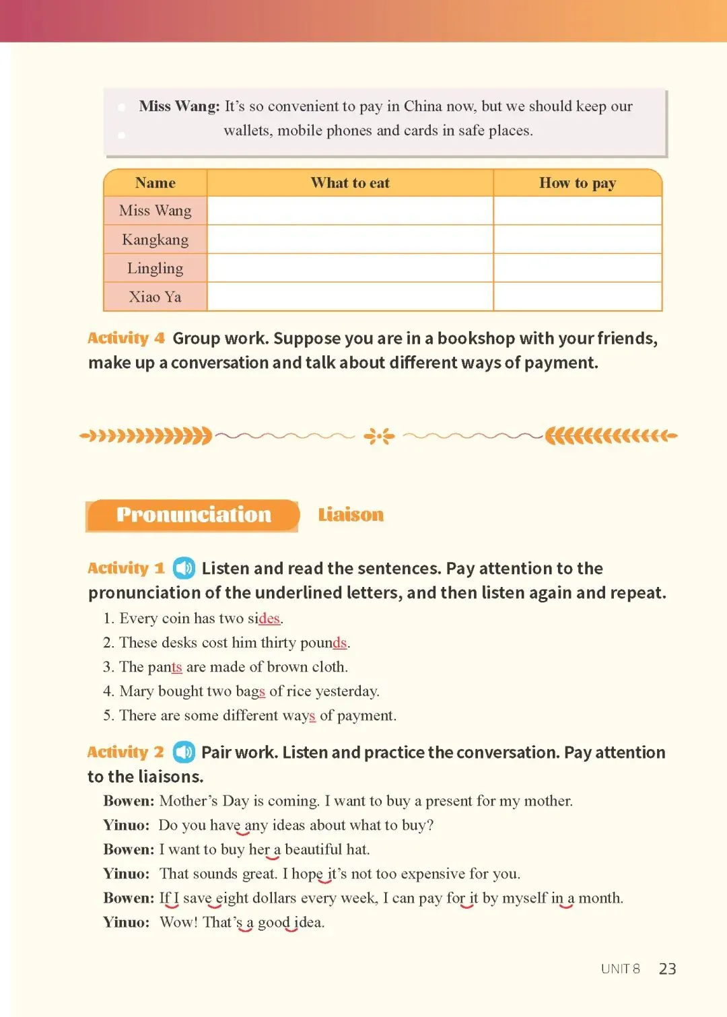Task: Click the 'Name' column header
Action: point(155,183)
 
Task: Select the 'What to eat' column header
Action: point(350,183)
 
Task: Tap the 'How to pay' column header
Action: point(578,183)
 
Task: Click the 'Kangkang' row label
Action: point(155,240)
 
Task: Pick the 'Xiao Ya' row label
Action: point(155,297)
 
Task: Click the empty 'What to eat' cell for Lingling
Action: point(350,268)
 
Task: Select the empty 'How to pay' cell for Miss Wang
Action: point(578,211)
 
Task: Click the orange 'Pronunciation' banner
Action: point(193,515)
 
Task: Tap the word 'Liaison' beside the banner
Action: point(351,515)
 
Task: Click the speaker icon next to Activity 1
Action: point(184,568)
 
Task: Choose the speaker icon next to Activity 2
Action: point(184,752)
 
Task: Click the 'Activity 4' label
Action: point(126,338)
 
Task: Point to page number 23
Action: point(667,969)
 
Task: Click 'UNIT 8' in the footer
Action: point(620,969)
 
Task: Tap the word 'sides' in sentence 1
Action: point(264,619)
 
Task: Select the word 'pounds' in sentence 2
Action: point(324,643)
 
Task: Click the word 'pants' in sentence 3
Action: point(165,667)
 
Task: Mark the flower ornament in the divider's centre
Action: point(379,436)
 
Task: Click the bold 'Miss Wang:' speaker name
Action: point(179,106)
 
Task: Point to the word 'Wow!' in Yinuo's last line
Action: point(178,922)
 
